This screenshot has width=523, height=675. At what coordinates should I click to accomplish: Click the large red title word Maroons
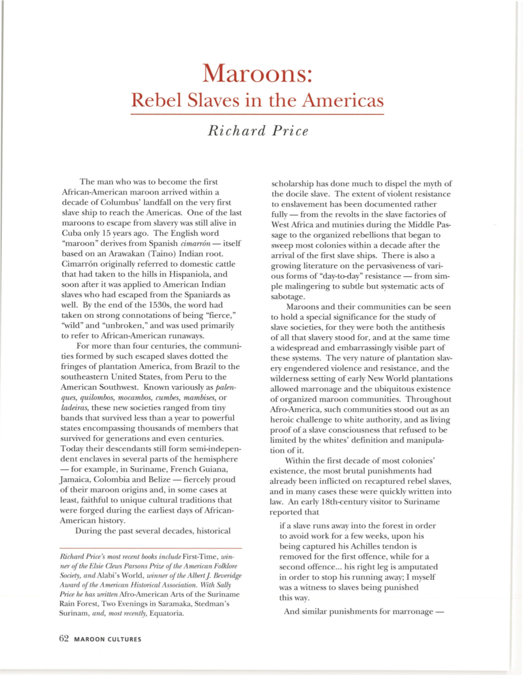pyautogui.click(x=257, y=73)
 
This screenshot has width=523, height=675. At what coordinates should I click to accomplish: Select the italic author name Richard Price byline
pyautogui.click(x=258, y=131)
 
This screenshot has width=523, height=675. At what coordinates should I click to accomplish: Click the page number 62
pyautogui.click(x=64, y=638)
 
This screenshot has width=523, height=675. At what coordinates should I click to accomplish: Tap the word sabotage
pyautogui.click(x=288, y=297)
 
